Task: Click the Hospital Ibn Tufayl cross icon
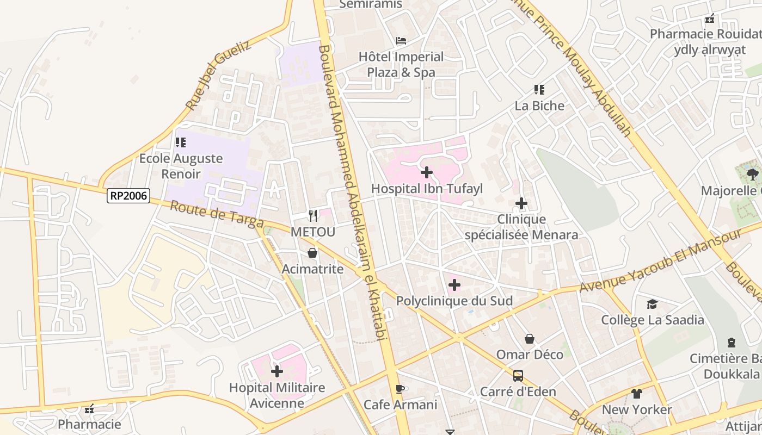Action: [x=427, y=173]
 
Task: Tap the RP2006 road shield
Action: [x=128, y=196]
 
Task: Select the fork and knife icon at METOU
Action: [x=313, y=216]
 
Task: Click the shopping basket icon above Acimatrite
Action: [x=312, y=253]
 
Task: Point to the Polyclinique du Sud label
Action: [x=454, y=301]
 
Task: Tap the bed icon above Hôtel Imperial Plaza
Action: [x=401, y=41]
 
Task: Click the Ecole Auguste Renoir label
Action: [x=181, y=166]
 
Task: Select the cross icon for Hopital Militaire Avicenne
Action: [x=277, y=371]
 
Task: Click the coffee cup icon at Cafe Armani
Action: [x=400, y=389]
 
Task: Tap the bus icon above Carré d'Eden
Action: [x=518, y=376]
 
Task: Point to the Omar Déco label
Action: [x=530, y=355]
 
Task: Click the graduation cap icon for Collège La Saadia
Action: [x=652, y=304]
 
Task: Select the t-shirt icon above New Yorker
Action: [x=637, y=394]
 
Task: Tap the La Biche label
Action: [x=539, y=105]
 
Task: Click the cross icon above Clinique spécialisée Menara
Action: [x=521, y=203]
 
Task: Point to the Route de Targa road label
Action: [x=217, y=215]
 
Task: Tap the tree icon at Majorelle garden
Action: [x=753, y=175]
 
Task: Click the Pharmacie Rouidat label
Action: [x=705, y=34]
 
